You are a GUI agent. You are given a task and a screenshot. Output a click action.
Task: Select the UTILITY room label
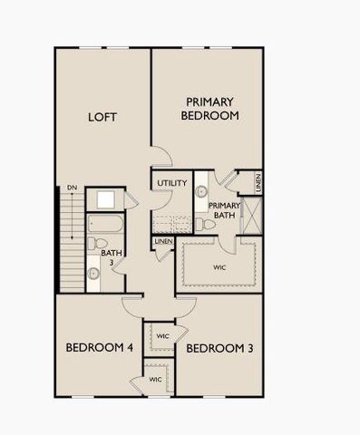pyautogui.click(x=171, y=183)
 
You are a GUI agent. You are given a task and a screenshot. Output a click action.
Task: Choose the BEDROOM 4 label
pyautogui.click(x=99, y=348)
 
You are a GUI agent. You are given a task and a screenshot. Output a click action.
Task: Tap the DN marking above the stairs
pyautogui.click(x=72, y=188)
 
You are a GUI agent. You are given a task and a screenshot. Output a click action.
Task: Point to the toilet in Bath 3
pyautogui.click(x=93, y=244)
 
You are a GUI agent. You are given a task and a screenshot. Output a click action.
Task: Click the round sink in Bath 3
pyautogui.click(x=94, y=273)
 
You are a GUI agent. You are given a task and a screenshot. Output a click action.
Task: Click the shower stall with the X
pyautogui.click(x=252, y=214)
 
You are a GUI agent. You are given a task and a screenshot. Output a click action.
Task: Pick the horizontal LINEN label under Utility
pyautogui.click(x=164, y=242)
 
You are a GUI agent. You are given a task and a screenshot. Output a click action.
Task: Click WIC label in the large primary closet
pyautogui.click(x=219, y=267)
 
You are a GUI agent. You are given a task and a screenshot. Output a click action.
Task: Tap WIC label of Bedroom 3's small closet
pyautogui.click(x=163, y=336)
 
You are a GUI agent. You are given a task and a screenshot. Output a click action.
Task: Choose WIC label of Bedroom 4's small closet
pyautogui.click(x=155, y=379)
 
